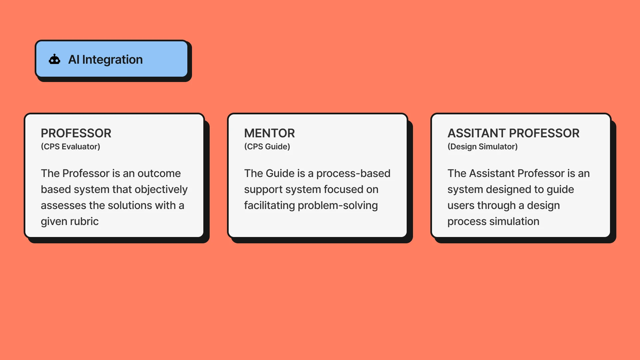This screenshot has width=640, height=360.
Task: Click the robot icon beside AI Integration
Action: [54, 59]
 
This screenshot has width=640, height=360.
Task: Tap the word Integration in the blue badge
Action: [112, 60]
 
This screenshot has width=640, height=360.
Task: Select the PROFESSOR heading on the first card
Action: [76, 133]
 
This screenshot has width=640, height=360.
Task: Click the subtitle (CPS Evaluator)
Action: [70, 147]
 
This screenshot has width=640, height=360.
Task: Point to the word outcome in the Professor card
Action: [159, 173]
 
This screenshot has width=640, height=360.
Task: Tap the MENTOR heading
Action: [269, 133]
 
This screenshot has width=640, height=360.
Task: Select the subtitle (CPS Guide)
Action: [267, 147]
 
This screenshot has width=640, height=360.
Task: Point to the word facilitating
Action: [269, 206]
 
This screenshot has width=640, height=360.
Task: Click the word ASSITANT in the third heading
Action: [476, 133]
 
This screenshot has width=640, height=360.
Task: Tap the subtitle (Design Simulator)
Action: [482, 147]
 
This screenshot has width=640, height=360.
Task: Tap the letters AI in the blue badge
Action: [74, 60]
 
